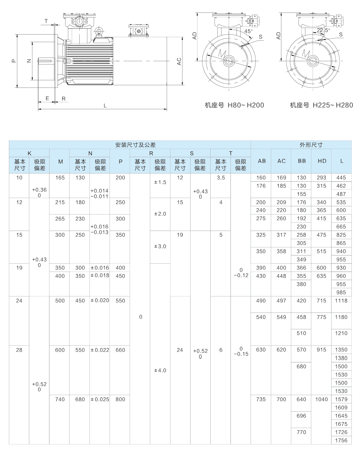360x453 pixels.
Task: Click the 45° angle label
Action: click(x=248, y=31)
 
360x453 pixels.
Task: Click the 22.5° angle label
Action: click(x=323, y=30)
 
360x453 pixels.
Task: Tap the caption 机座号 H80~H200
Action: click(x=234, y=105)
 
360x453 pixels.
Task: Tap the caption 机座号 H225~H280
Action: click(x=321, y=105)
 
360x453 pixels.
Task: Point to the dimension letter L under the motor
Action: click(x=105, y=106)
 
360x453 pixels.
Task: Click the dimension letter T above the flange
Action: click(x=46, y=21)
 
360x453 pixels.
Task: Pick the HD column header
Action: click(x=322, y=161)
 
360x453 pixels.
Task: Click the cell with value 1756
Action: click(x=341, y=440)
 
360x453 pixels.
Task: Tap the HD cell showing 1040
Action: click(x=321, y=399)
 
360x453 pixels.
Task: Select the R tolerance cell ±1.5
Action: click(x=160, y=182)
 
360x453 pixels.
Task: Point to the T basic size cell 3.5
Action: click(x=221, y=178)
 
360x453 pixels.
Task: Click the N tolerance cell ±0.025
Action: click(x=100, y=399)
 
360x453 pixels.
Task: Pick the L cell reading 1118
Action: click(x=341, y=301)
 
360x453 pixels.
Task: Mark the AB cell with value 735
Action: click(x=261, y=399)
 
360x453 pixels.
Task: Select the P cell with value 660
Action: click(x=120, y=350)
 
